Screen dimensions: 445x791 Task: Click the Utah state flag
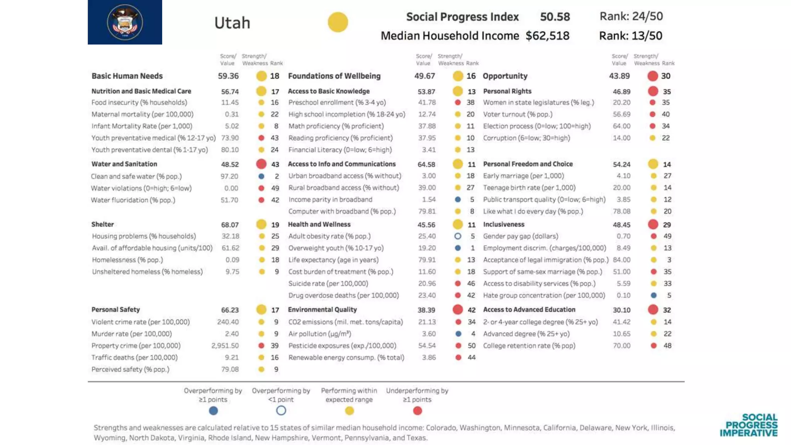(x=125, y=22)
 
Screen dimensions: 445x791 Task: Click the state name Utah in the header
(x=232, y=23)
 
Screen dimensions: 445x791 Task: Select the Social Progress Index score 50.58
(x=555, y=17)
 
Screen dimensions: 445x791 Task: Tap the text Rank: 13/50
(x=630, y=36)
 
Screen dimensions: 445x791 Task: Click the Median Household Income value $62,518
(x=547, y=36)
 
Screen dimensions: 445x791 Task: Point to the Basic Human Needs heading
(x=127, y=76)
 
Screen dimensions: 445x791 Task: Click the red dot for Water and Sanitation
(x=261, y=164)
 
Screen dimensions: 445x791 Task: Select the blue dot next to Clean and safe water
(x=261, y=176)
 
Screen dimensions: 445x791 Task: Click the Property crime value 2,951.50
(x=225, y=346)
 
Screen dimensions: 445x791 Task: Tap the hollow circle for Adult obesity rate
(x=458, y=236)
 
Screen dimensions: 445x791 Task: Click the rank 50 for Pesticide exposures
(x=472, y=346)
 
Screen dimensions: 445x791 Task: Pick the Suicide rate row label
(x=328, y=284)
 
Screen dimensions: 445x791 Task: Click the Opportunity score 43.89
(x=619, y=76)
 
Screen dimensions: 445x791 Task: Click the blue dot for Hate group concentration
(x=654, y=296)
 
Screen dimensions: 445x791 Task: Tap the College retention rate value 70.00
(x=621, y=346)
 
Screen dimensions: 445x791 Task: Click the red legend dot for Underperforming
(x=417, y=411)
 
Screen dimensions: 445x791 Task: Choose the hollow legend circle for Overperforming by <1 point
(x=281, y=411)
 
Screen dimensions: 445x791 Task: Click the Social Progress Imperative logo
(x=749, y=425)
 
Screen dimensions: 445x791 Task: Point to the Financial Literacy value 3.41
(x=429, y=150)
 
